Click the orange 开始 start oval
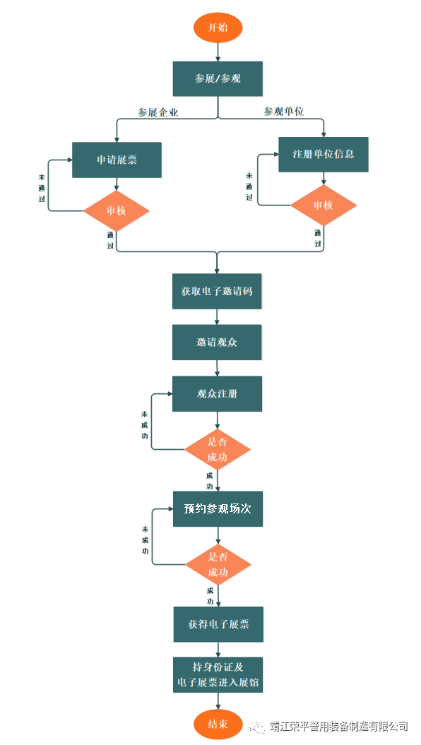tap(218, 27)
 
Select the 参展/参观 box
tap(218, 79)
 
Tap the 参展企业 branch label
tap(158, 112)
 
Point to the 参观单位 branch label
tap(284, 112)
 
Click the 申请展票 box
tap(117, 160)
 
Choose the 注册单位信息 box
tap(323, 155)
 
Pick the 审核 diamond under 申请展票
tap(117, 211)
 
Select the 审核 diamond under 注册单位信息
tap(323, 205)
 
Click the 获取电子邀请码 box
tap(217, 291)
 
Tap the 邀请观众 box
tap(217, 342)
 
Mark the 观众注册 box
tap(217, 394)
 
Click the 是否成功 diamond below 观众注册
tap(218, 449)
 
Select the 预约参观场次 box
tap(218, 509)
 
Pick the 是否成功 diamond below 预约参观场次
tap(218, 565)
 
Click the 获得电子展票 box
tap(218, 624)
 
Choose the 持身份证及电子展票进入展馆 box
tap(218, 675)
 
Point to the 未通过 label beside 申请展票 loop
tap(42, 188)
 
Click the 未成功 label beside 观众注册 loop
tap(144, 425)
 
